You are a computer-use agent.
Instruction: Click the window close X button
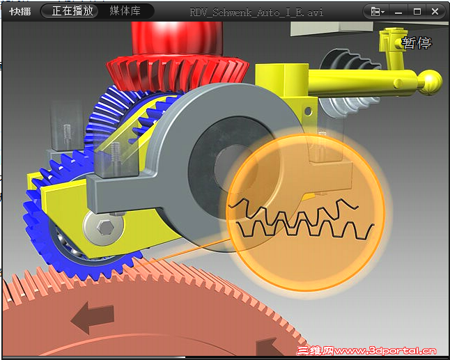coord(435,11)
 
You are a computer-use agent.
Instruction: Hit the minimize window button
coord(398,13)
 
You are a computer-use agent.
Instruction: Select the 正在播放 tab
coord(72,11)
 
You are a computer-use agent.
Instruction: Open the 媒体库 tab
coord(125,11)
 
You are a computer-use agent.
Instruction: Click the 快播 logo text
coord(20,11)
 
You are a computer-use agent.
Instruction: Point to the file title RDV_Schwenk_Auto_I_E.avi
coord(256,13)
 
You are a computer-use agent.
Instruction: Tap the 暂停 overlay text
coord(417,42)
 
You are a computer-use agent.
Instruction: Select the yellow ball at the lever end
coord(429,82)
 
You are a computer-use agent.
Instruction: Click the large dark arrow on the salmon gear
coord(93,318)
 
